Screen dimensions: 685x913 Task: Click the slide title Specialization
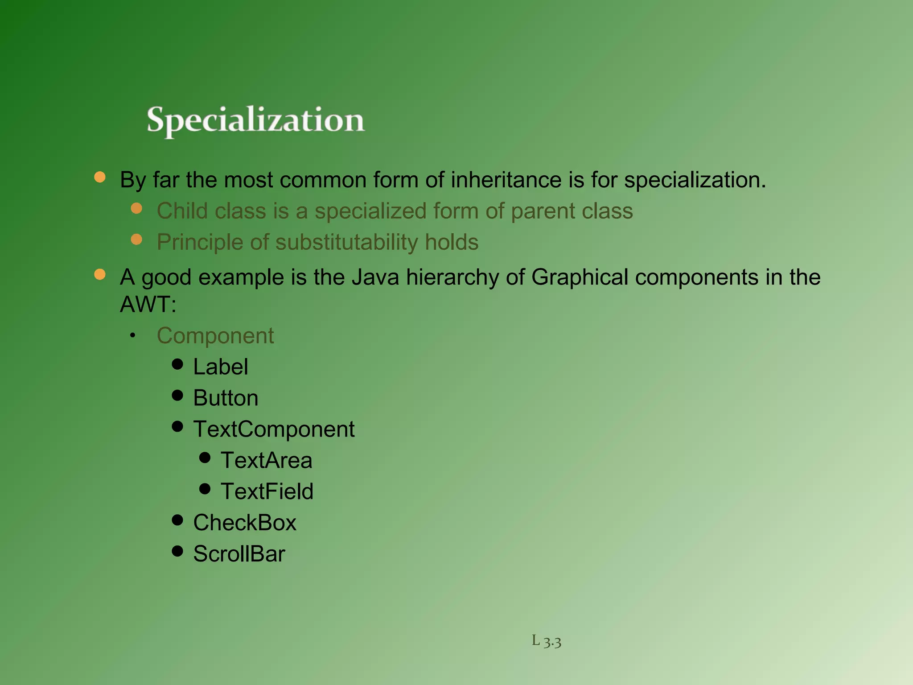tap(256, 120)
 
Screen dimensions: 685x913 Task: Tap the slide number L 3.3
tap(546, 641)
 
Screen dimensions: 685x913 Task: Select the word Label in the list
tap(221, 367)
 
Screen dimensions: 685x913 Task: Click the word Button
tap(226, 398)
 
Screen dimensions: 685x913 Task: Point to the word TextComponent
tap(274, 429)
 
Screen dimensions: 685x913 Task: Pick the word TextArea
tap(267, 461)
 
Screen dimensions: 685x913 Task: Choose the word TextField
tap(267, 492)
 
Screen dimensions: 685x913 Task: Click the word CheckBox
tap(245, 523)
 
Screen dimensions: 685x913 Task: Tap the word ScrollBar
tap(239, 554)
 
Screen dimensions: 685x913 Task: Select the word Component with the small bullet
tap(215, 336)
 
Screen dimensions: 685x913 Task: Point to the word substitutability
tap(347, 243)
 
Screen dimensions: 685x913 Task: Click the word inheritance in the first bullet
tap(506, 180)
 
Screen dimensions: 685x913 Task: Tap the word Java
tap(375, 277)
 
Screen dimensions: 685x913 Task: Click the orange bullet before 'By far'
tap(100, 177)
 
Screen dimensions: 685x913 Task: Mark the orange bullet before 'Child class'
tap(136, 208)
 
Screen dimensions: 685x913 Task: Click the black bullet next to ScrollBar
tap(177, 551)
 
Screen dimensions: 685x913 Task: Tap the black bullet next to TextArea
tap(205, 458)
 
